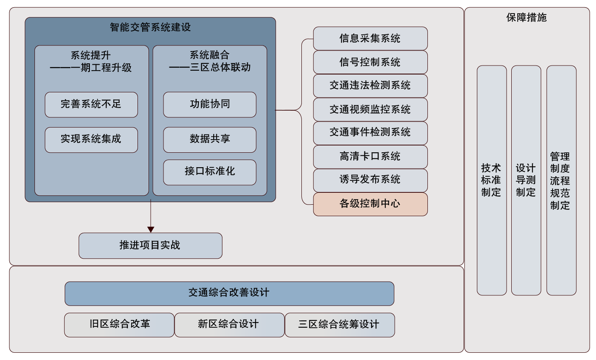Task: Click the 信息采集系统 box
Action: pos(370,38)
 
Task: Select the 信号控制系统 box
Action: pos(370,62)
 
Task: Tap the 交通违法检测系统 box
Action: pos(370,86)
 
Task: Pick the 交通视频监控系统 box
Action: pos(370,109)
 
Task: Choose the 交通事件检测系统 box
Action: pos(370,133)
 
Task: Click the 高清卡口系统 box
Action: pos(370,157)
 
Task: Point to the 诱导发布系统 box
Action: pos(370,180)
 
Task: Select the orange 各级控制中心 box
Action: pos(370,204)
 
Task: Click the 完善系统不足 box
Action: pos(91,104)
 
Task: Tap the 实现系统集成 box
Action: pos(91,140)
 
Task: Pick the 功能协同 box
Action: pos(209,104)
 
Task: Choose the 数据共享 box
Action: pos(209,140)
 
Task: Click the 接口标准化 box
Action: pos(209,172)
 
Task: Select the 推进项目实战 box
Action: pos(150,246)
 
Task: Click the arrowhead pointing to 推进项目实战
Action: pos(150,229)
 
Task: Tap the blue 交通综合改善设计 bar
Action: pos(229,293)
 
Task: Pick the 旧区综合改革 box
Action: pos(119,325)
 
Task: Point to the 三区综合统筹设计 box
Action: pos(339,325)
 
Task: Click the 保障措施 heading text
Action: pos(526,17)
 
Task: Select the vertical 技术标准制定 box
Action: pos(491,180)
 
